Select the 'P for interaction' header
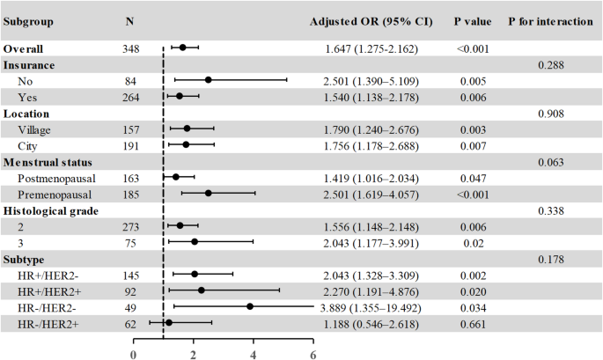pos(550,19)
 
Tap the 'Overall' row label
pos(24,48)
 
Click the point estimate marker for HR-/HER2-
pos(250,306)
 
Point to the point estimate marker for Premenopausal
pos(209,193)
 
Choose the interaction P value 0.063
pos(550,161)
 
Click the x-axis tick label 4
pos(254,355)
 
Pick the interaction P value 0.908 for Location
pos(550,113)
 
